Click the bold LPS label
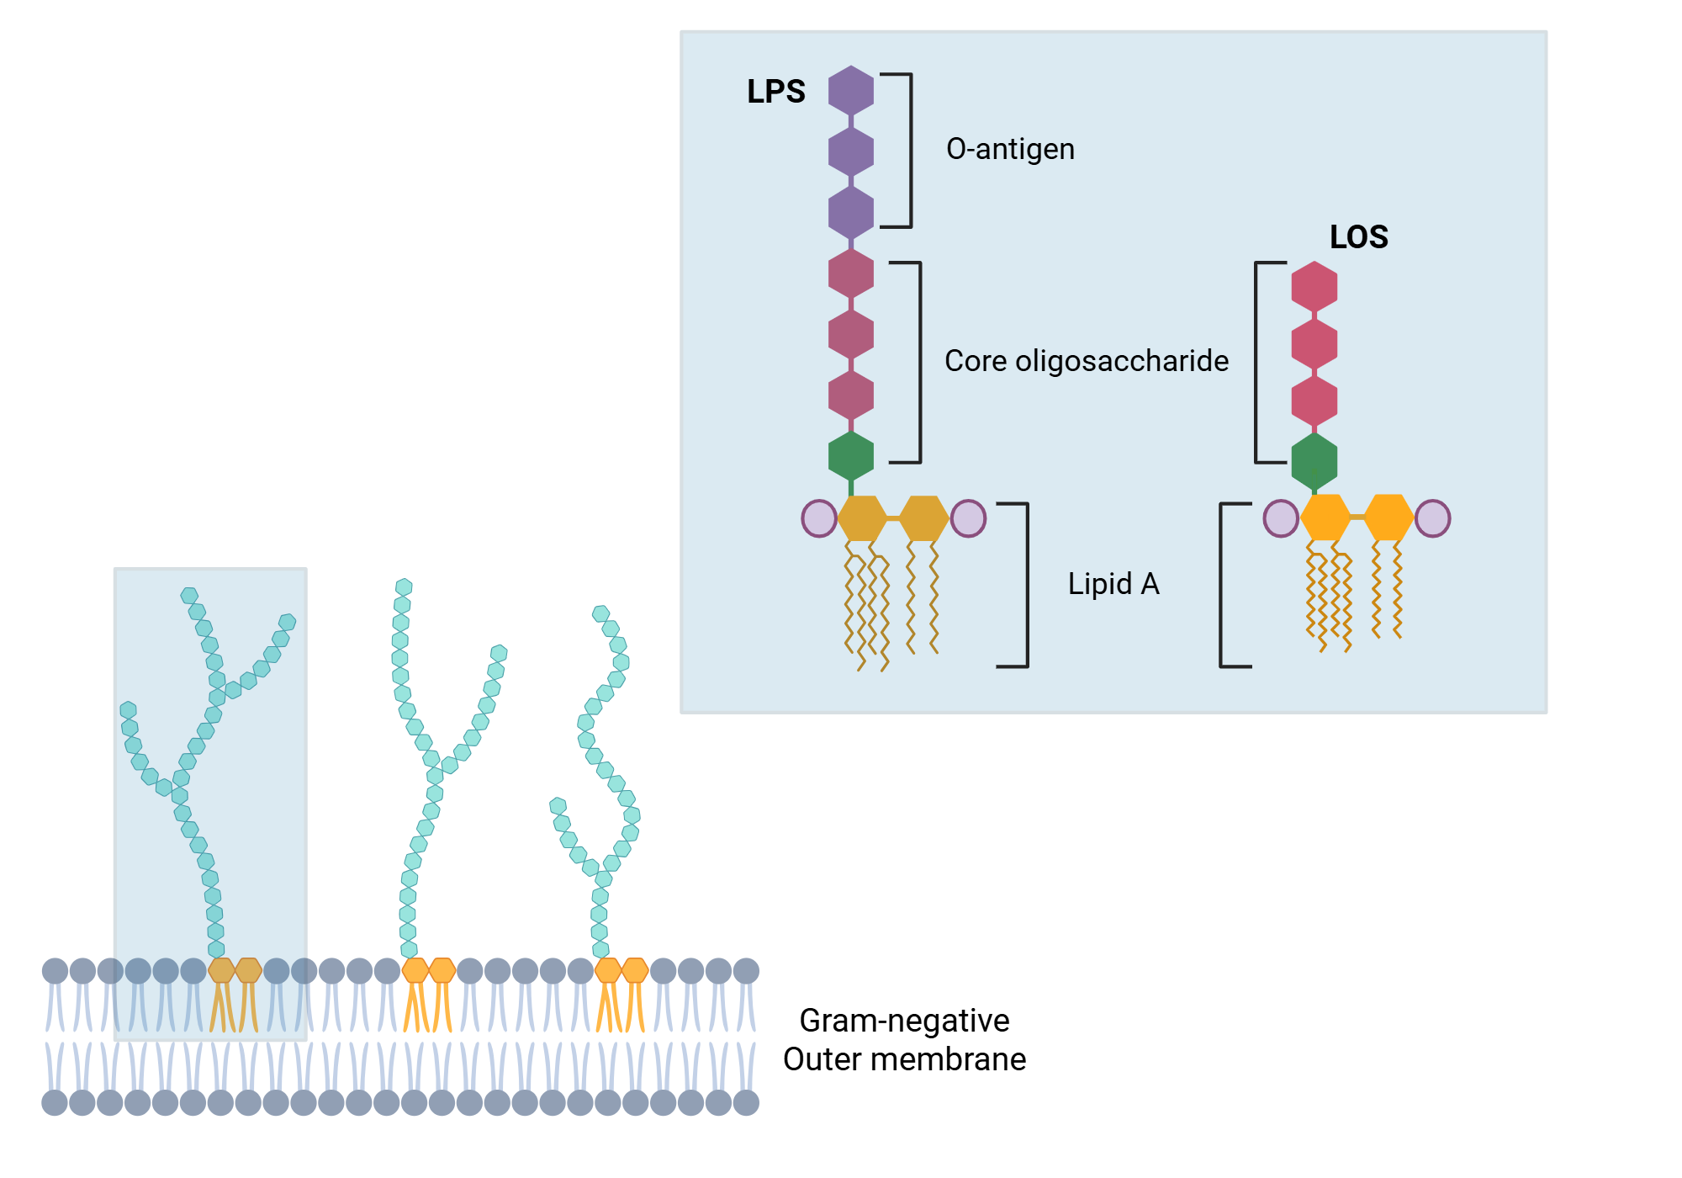[x=775, y=92]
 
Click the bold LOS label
[x=1358, y=237]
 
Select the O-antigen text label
[x=1010, y=149]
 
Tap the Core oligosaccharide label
[x=1086, y=361]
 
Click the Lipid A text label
[x=1113, y=584]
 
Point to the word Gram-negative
[x=904, y=1021]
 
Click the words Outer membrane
[x=904, y=1059]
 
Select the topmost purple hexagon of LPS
[x=851, y=90]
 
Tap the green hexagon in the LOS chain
[x=1314, y=461]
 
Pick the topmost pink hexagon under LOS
[x=1314, y=286]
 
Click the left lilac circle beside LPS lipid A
[x=819, y=518]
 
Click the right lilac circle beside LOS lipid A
[x=1433, y=518]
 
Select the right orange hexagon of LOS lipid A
[x=1388, y=517]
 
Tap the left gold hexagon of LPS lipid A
[x=863, y=518]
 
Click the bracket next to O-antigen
[x=910, y=150]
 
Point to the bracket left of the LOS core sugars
[x=1256, y=362]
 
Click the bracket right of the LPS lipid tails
[x=1026, y=585]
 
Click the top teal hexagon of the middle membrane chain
[x=404, y=586]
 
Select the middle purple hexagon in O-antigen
[x=851, y=151]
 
